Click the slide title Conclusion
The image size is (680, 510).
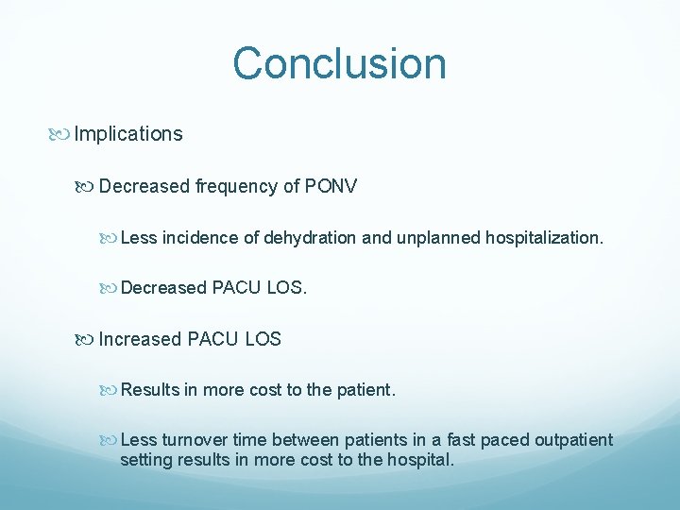339,63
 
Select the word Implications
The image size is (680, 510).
128,134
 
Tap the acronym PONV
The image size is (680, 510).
331,186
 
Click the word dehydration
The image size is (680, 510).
311,238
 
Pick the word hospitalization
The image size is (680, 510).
543,238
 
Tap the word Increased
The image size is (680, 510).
140,339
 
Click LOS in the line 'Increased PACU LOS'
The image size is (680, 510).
263,339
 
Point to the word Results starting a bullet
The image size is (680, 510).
150,390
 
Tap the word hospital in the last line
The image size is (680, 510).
421,461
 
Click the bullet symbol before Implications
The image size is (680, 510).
63,134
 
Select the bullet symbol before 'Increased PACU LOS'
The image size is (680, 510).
88,339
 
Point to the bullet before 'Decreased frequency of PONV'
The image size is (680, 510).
88,186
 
